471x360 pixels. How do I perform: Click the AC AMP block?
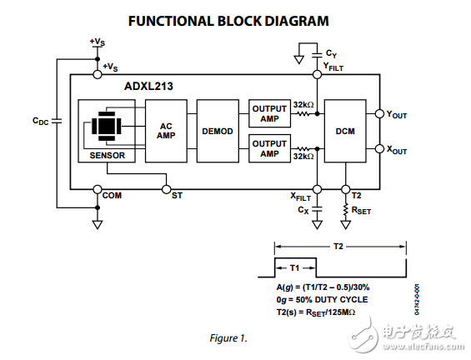166,131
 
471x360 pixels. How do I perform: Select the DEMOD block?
218,131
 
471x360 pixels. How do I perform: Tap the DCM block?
345,131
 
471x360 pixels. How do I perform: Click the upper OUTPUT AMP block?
270,113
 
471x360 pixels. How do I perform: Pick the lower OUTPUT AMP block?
270,148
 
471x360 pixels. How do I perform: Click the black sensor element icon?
107,126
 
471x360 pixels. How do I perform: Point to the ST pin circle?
166,189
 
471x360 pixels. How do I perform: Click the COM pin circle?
98,189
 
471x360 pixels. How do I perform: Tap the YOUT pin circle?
379,114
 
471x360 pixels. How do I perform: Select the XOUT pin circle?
379,148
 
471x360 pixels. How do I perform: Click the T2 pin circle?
345,189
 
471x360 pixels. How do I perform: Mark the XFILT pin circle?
318,189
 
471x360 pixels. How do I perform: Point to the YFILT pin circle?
318,74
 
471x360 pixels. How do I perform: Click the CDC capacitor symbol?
57,121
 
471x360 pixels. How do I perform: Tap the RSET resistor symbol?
345,209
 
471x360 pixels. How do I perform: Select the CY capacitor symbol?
318,55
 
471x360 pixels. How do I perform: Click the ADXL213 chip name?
148,87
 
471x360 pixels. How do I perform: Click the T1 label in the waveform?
294,267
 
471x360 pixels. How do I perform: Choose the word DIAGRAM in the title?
297,21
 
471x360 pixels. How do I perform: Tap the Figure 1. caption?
228,338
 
